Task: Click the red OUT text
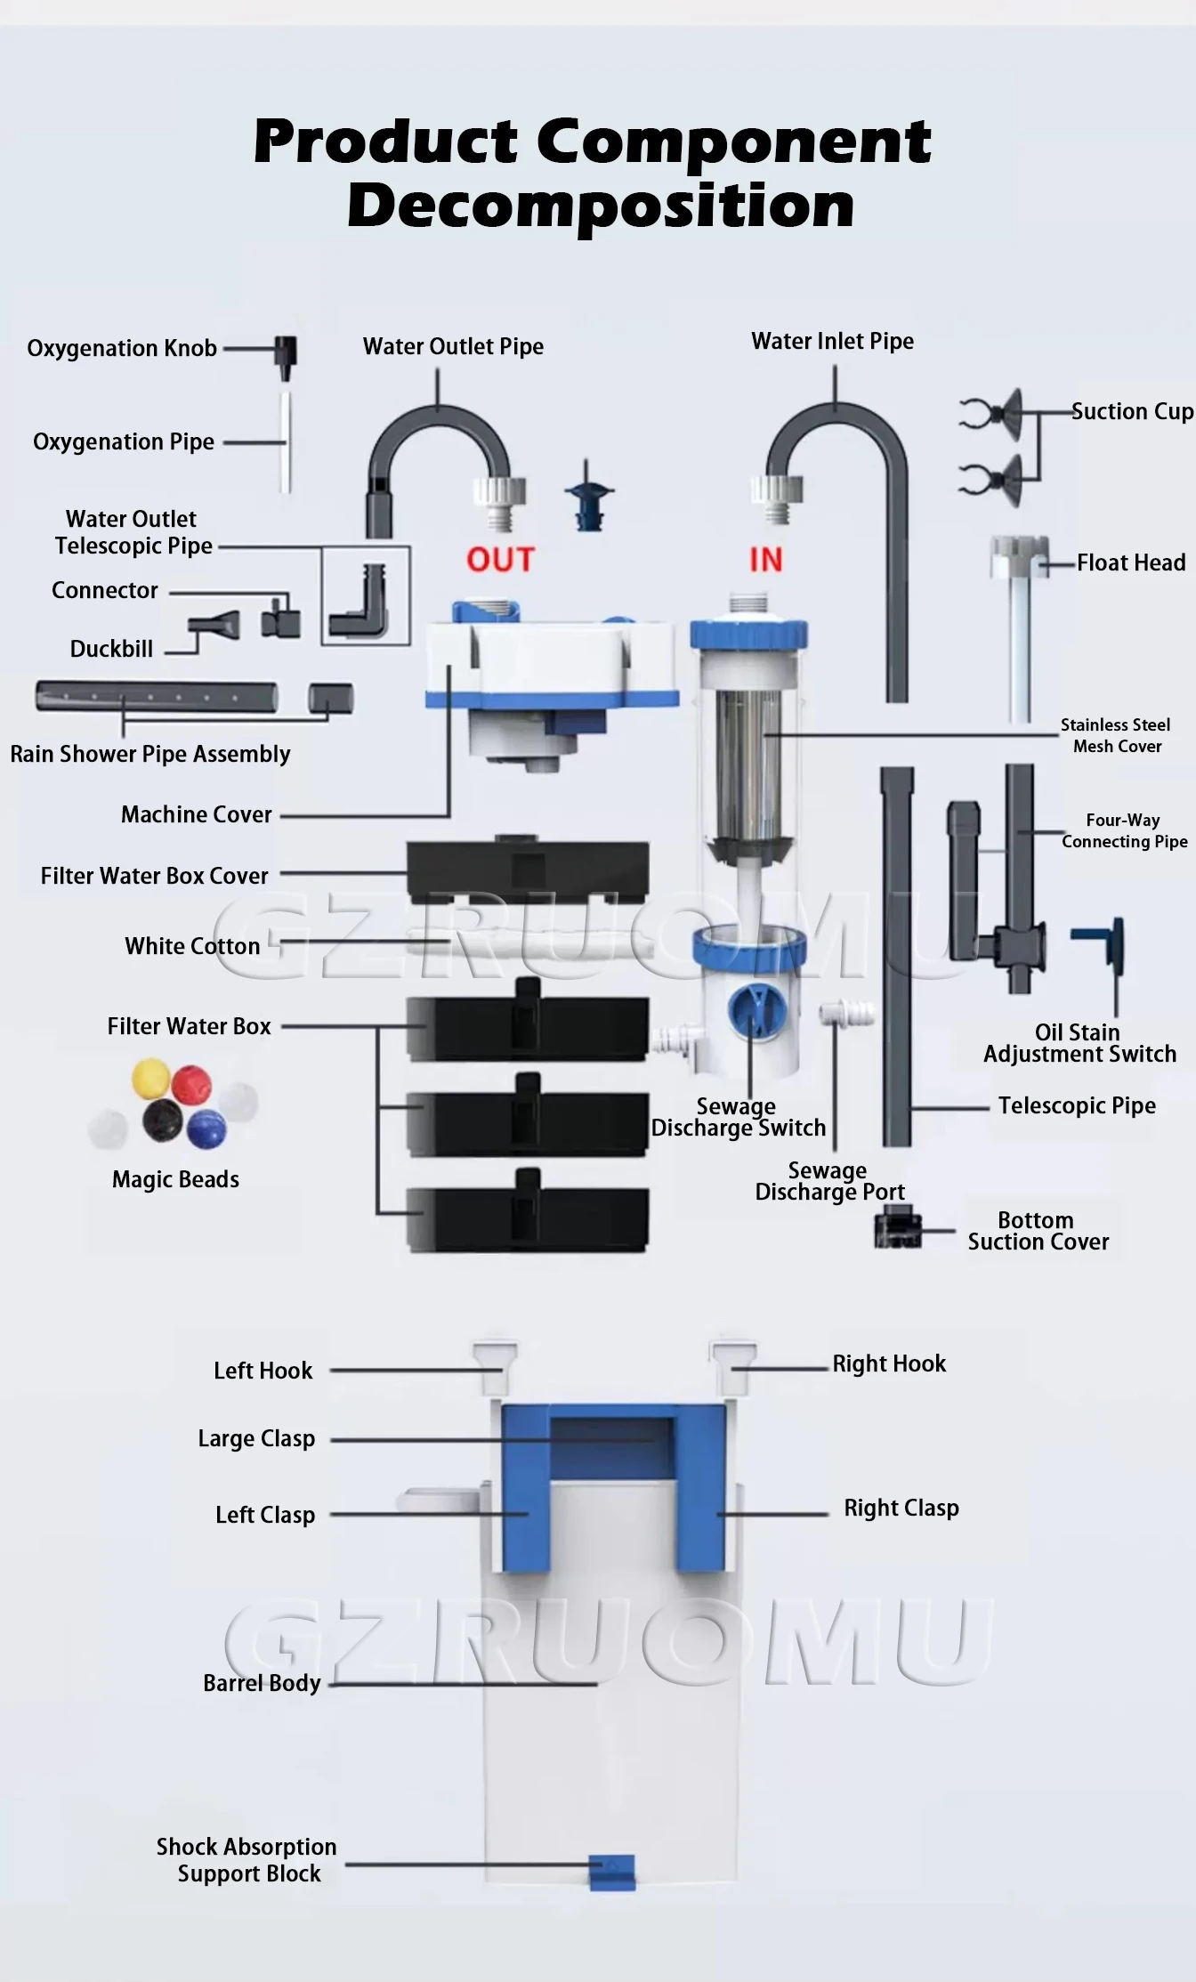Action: coord(500,560)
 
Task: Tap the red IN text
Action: coord(765,560)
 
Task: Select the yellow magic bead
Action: coord(150,1078)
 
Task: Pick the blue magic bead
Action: coord(206,1128)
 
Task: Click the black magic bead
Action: coord(163,1120)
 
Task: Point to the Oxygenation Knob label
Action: coord(122,348)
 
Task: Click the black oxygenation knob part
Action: coord(285,354)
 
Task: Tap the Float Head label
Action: coord(1131,562)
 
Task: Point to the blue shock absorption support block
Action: coord(612,1871)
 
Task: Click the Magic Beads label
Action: coord(175,1179)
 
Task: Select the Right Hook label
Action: coord(889,1364)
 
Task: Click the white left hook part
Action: coord(495,1368)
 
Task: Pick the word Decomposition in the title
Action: coord(601,206)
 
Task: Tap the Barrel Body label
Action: coord(262,1683)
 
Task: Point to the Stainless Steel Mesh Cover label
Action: coord(1116,736)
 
